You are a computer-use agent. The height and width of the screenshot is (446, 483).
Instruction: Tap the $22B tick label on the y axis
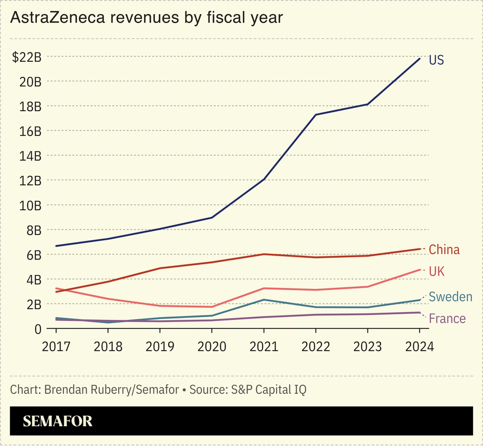(x=27, y=57)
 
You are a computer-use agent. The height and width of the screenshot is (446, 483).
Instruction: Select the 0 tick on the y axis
(x=38, y=329)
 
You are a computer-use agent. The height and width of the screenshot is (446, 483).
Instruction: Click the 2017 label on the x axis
(x=56, y=347)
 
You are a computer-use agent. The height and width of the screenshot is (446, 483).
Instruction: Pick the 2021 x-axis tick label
(x=264, y=347)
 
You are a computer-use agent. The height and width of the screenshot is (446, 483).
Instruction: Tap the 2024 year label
(x=419, y=347)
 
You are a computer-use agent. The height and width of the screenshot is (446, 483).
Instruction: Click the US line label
(x=436, y=60)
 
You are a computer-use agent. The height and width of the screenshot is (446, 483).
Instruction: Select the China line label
(x=444, y=250)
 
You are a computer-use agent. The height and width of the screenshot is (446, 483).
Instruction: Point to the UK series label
(x=436, y=271)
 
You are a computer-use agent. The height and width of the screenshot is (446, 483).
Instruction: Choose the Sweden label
(x=450, y=297)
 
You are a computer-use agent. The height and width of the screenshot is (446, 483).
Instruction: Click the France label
(x=447, y=319)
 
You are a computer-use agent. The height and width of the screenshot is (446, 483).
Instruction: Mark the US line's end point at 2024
(x=420, y=58)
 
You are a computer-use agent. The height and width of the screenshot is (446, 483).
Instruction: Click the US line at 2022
(x=316, y=115)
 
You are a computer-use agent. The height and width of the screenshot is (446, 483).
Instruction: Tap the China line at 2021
(x=264, y=254)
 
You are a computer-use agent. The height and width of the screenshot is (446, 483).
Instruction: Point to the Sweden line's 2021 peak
(x=264, y=300)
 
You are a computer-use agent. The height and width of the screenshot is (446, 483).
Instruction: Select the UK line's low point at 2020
(x=212, y=307)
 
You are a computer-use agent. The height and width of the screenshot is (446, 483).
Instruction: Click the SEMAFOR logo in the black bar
(x=57, y=421)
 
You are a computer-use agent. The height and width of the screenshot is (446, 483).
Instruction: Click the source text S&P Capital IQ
(x=268, y=389)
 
